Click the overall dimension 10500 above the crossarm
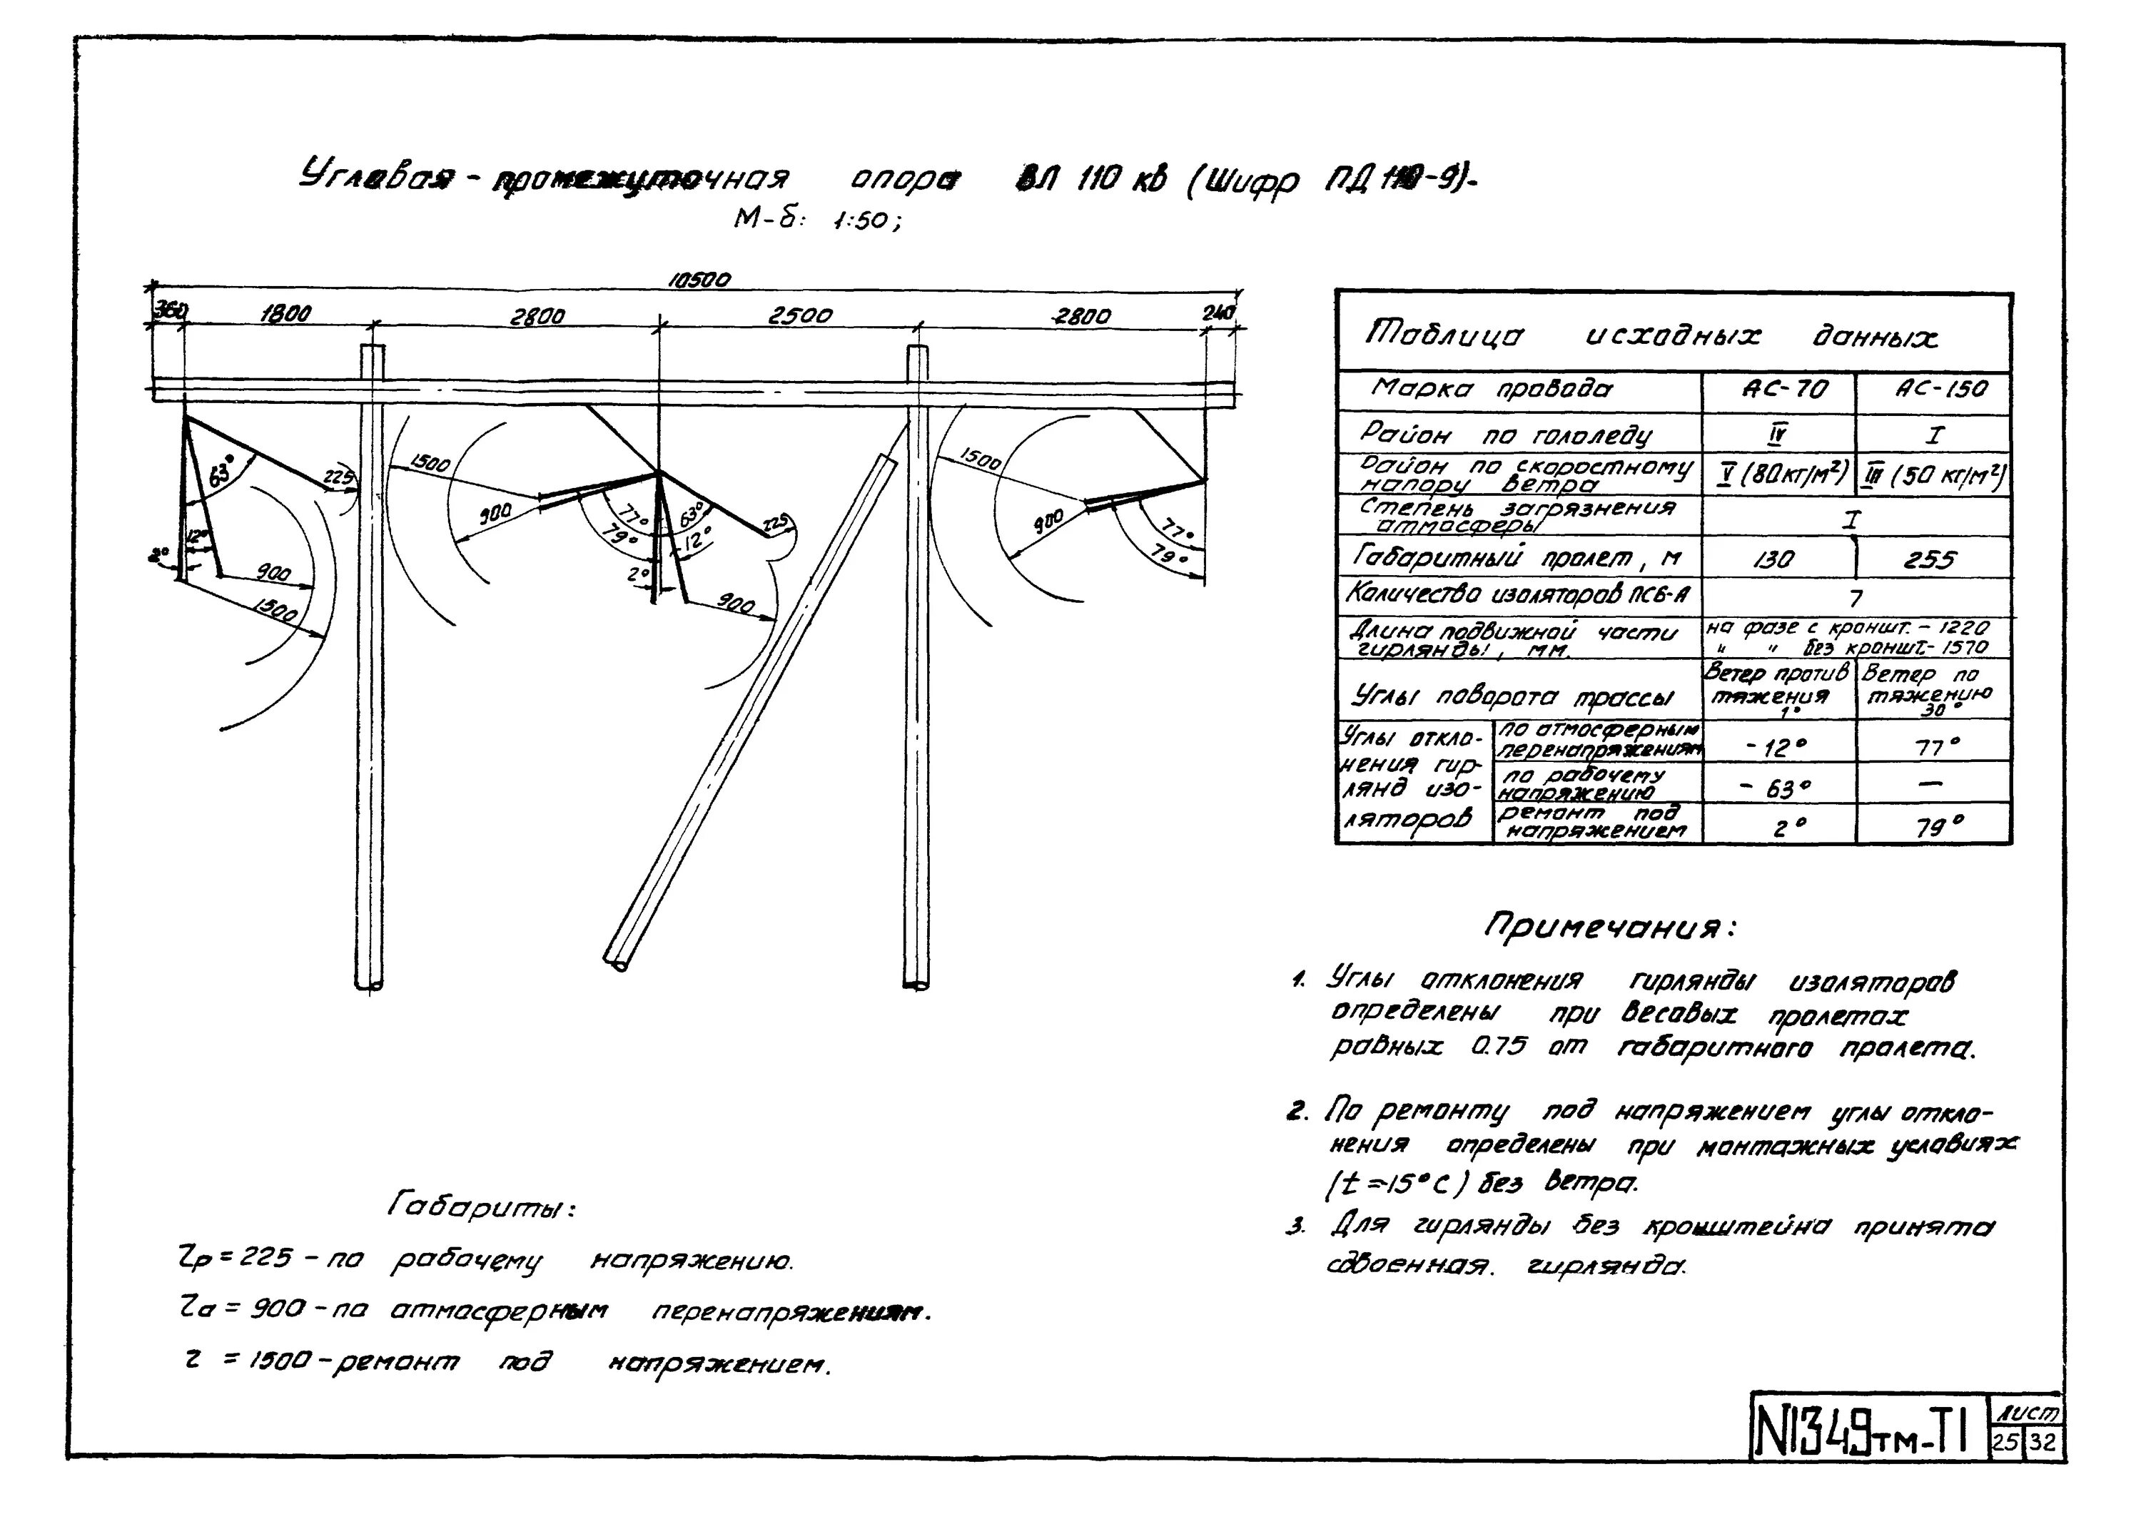point(700,279)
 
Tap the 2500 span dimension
point(799,316)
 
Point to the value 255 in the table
point(1928,559)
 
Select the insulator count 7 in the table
point(1855,599)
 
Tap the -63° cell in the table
point(1779,788)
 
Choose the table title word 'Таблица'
point(1444,334)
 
